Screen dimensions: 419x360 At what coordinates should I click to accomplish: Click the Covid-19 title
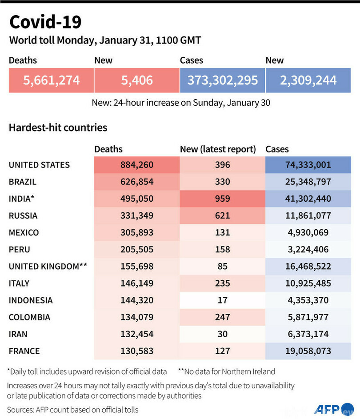point(45,22)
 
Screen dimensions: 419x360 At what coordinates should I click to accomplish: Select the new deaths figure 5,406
point(136,80)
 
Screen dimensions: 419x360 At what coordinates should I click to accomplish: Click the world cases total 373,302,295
point(222,80)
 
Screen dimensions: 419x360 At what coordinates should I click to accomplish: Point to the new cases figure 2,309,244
point(308,80)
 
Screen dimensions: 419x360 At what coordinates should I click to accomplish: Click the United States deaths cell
point(136,165)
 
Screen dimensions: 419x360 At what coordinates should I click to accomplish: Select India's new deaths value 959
point(222,199)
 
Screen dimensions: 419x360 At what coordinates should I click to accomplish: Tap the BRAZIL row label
point(23,182)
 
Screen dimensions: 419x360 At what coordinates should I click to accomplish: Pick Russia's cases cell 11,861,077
point(308,215)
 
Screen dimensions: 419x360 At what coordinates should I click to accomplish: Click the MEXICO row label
point(24,232)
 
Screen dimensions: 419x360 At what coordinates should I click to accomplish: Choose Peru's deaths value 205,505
point(136,249)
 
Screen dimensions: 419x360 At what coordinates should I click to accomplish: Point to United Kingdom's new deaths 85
point(222,266)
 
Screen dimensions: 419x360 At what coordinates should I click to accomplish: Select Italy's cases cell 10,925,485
point(308,283)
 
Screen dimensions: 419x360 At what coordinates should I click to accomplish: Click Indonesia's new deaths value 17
point(222,300)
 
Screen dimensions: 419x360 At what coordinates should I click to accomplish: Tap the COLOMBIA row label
point(29,317)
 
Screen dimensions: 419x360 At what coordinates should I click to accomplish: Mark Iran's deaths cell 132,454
point(136,334)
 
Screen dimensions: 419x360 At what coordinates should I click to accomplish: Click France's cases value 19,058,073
point(308,351)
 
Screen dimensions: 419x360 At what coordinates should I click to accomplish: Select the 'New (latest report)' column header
point(218,149)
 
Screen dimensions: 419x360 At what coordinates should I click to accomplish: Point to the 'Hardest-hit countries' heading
point(58,128)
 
